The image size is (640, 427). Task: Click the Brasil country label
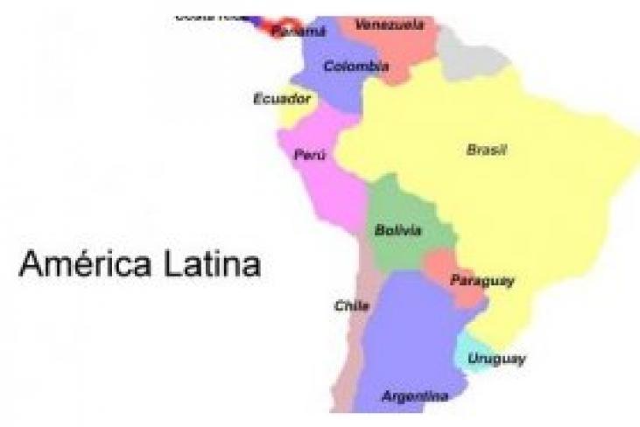click(x=486, y=150)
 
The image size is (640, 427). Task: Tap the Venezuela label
click(x=390, y=24)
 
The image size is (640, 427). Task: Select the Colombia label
click(x=355, y=66)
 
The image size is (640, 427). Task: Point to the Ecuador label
click(x=282, y=99)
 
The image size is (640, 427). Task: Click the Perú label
click(x=310, y=155)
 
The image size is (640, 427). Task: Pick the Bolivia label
click(x=398, y=231)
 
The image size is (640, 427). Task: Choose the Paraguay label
click(x=482, y=281)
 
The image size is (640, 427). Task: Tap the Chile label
click(x=351, y=305)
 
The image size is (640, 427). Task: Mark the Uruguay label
click(x=496, y=359)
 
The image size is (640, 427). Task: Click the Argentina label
click(x=415, y=396)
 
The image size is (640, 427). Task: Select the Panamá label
click(x=299, y=31)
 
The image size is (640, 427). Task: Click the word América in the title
click(x=82, y=263)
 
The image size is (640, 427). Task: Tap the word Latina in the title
click(x=209, y=263)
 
